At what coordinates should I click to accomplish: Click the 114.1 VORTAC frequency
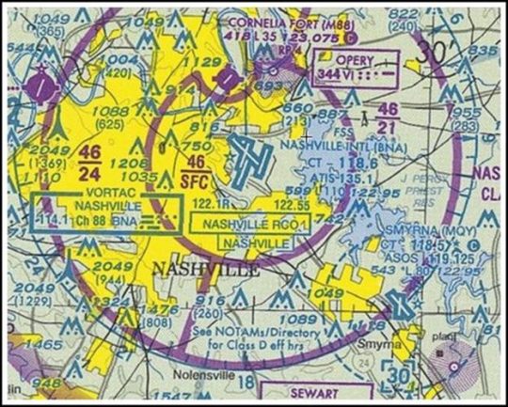pos(58,222)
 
